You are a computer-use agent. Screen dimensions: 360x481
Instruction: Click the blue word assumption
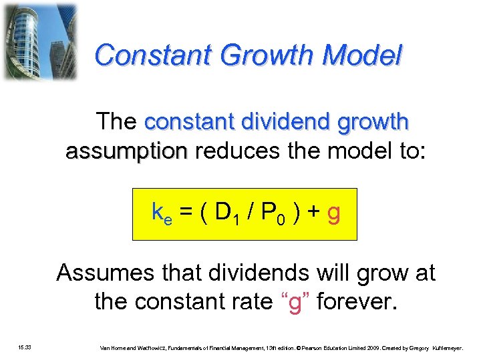pyautogui.click(x=126, y=151)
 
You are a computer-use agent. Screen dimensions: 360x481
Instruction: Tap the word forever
pyautogui.click(x=357, y=302)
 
